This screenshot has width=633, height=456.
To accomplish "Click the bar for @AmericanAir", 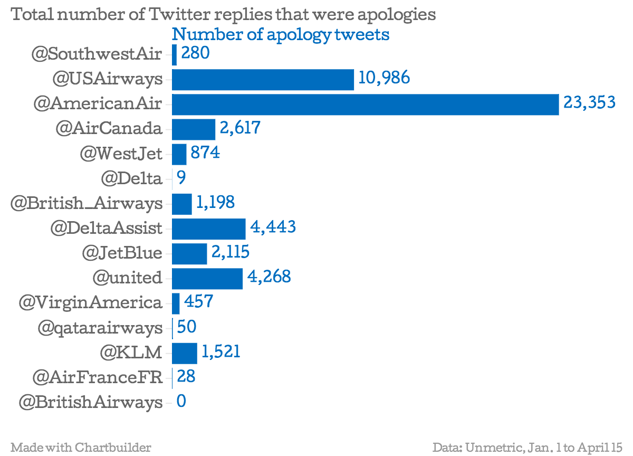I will (x=365, y=104).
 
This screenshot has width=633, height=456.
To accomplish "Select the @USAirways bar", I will (x=263, y=80).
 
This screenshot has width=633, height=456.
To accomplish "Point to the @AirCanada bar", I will (x=194, y=129).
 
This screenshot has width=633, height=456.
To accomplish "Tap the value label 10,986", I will (x=384, y=78).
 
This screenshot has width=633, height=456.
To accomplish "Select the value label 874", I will (x=205, y=153).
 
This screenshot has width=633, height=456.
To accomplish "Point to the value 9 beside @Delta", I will (x=181, y=178).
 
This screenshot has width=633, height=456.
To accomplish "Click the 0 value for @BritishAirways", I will (x=181, y=402).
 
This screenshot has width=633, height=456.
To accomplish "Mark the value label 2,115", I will (x=231, y=252).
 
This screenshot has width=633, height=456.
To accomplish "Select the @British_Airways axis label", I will (x=87, y=204).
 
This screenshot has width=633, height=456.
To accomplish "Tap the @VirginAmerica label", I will (x=90, y=303).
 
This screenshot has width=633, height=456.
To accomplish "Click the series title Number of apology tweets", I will (x=281, y=35).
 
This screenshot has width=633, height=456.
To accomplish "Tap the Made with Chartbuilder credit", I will (x=81, y=448).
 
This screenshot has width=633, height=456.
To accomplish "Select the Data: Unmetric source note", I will (x=527, y=448).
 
